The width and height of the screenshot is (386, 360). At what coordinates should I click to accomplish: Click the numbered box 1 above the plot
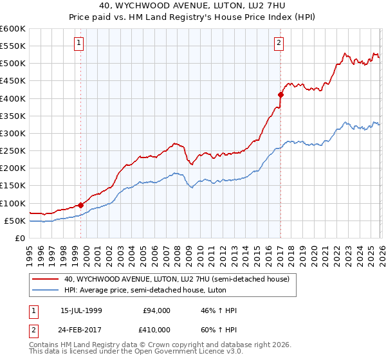click(x=78, y=43)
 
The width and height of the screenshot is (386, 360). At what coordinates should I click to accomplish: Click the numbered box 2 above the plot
click(x=279, y=43)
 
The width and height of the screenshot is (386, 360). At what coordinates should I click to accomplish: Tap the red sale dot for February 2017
click(x=280, y=94)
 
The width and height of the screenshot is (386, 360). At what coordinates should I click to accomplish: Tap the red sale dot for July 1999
click(x=81, y=205)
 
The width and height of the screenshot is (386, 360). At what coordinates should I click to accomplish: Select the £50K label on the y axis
click(x=15, y=221)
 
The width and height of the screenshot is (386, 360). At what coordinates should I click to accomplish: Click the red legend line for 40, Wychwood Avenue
click(x=46, y=279)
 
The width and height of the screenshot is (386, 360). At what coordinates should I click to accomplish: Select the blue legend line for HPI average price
click(x=46, y=290)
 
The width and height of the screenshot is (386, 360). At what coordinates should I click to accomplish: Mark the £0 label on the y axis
click(x=20, y=238)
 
